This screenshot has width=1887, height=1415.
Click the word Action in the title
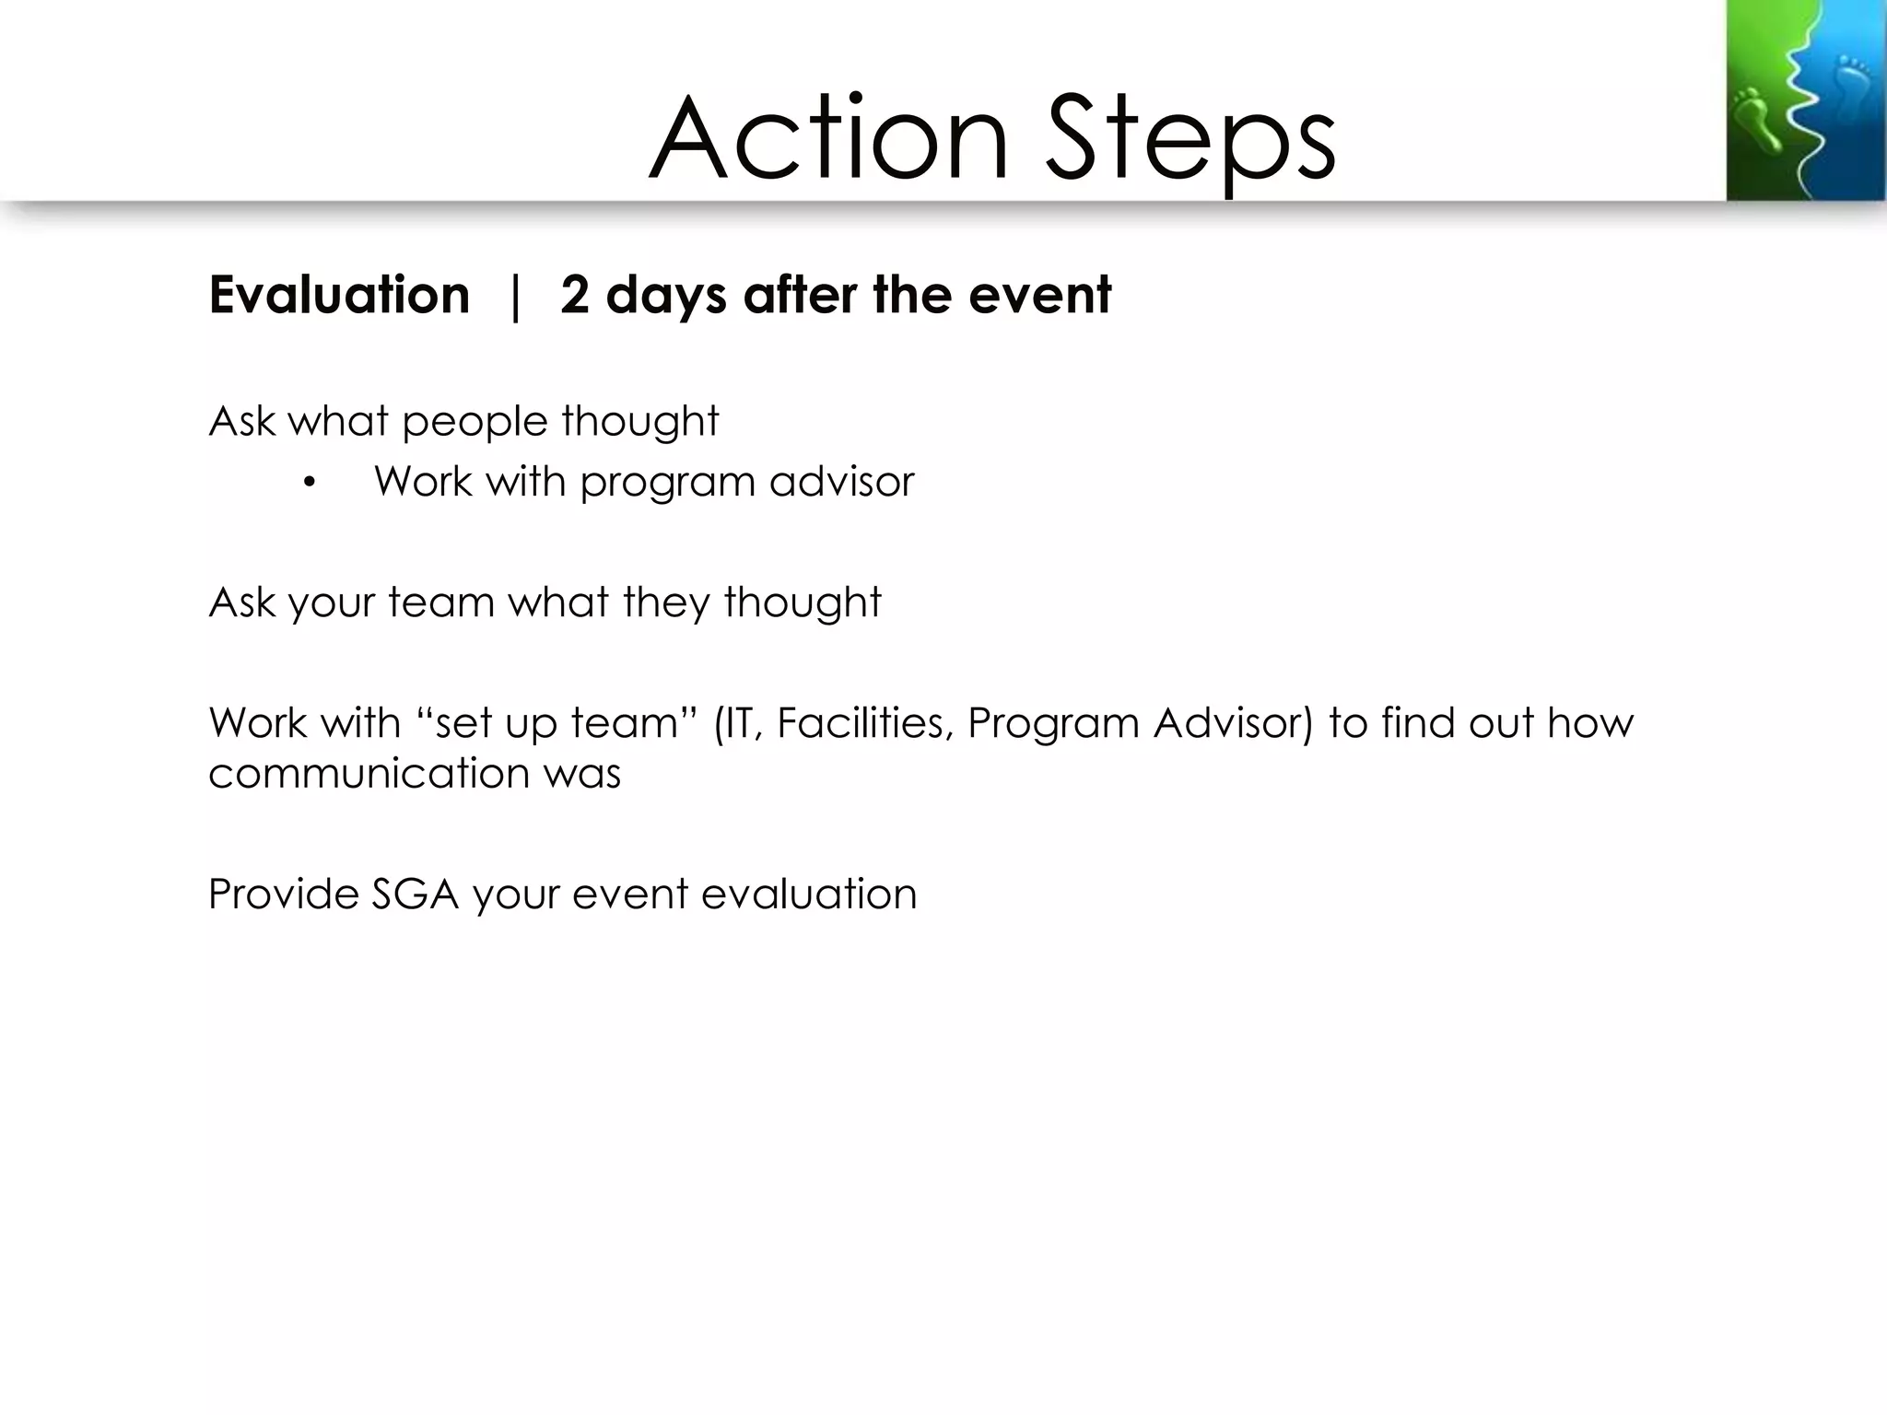click(x=829, y=140)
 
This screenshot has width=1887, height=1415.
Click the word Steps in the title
click(x=1190, y=140)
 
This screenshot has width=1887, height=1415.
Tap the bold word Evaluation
click(x=339, y=295)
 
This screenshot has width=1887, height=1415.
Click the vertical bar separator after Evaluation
click(x=515, y=297)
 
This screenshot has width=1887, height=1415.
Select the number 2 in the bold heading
click(x=574, y=295)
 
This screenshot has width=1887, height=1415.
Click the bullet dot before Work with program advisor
click(x=309, y=482)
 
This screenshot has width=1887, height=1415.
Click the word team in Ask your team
click(x=441, y=602)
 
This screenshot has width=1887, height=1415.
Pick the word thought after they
click(x=802, y=602)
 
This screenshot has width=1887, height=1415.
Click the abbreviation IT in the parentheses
click(x=739, y=723)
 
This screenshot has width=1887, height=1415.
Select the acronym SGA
click(x=415, y=894)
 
